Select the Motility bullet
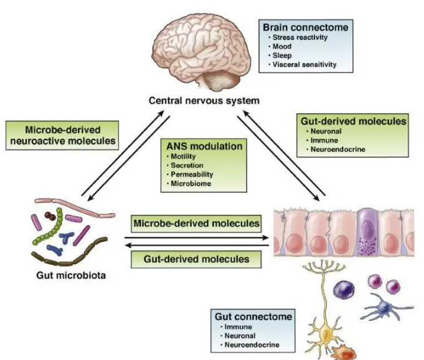click(184, 157)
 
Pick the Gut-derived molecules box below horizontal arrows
click(194, 257)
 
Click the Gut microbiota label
click(66, 274)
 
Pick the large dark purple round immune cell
click(346, 289)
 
